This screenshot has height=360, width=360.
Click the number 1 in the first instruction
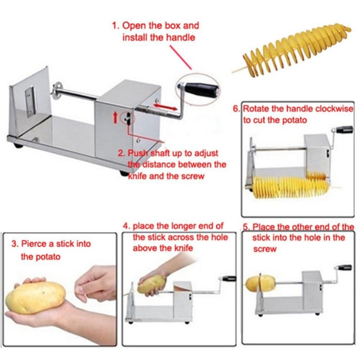[114, 26]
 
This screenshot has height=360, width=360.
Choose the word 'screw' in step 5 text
[265, 248]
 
